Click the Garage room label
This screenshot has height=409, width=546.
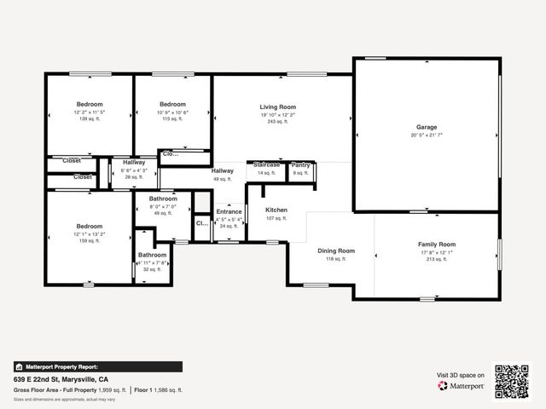pos(426,126)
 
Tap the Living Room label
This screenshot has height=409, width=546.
pos(278,107)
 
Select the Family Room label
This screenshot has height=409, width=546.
pos(437,244)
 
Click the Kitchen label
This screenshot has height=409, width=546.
pos(276,210)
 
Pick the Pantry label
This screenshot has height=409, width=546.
pos(300,164)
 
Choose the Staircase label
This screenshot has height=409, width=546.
pos(266,164)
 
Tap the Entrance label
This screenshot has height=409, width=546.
pos(229,211)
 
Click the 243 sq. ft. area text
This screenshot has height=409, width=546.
pos(278,122)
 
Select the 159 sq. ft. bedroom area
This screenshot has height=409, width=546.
pos(90,241)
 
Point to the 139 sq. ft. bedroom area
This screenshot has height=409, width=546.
pos(89,119)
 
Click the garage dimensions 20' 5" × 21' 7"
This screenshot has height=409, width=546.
pos(426,135)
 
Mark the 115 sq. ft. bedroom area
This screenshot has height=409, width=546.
pos(172,119)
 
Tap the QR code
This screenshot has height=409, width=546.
pos(512,380)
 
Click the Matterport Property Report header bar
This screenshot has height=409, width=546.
pos(97,366)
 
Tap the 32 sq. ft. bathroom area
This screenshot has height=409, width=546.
pos(153,269)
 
